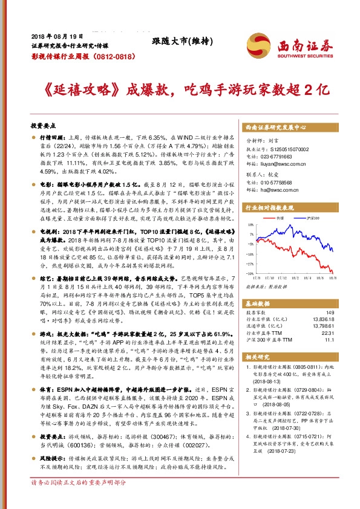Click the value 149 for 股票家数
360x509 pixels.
pyautogui.click(x=330, y=313)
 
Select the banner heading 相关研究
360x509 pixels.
pyautogui.click(x=259, y=357)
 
